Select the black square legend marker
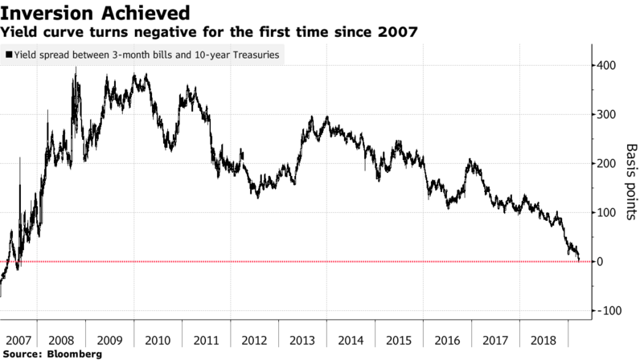click(8, 55)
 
